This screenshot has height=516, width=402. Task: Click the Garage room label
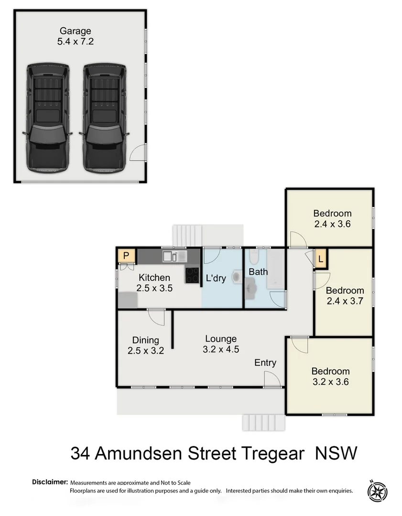click(x=75, y=32)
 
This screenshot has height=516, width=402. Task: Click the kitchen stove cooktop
click(x=193, y=275)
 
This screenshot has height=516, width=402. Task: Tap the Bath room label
click(x=258, y=272)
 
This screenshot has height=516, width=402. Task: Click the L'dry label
click(x=216, y=278)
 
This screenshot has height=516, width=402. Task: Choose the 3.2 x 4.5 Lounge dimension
click(x=221, y=349)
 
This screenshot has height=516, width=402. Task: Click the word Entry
click(x=265, y=363)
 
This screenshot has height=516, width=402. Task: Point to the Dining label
click(x=146, y=340)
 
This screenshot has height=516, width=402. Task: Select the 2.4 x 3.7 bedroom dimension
click(x=345, y=301)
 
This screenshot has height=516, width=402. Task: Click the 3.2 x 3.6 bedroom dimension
click(x=330, y=382)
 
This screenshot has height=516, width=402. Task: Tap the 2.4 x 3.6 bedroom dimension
click(x=332, y=224)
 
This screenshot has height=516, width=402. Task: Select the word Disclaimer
click(x=50, y=482)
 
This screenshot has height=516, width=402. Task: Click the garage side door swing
click(x=137, y=153)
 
